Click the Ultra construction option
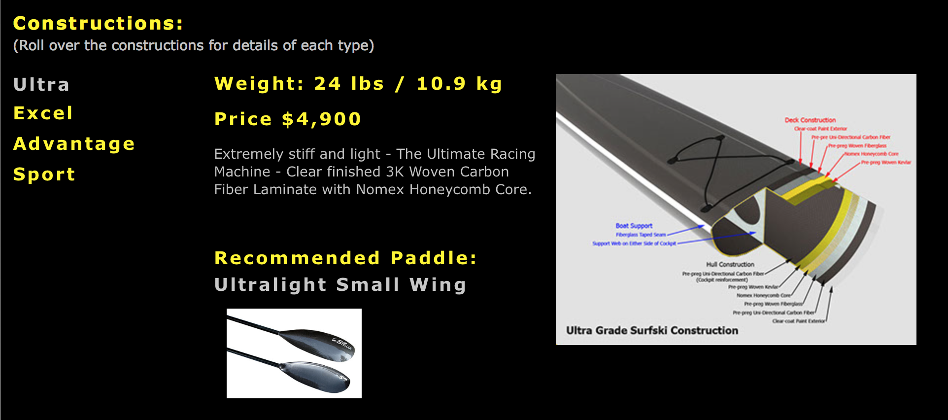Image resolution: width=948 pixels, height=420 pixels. [41, 85]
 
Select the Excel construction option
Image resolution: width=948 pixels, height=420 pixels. [43, 113]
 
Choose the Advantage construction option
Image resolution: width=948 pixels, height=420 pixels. [74, 144]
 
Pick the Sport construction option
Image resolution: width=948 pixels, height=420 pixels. [44, 175]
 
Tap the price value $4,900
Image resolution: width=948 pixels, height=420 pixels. [322, 119]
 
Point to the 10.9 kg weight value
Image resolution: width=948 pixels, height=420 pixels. [459, 84]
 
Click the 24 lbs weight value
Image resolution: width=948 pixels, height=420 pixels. [349, 84]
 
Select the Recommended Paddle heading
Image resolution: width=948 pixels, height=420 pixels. [345, 258]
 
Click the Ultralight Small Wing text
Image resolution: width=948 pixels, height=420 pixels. [340, 285]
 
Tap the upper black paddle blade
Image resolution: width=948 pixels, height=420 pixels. [318, 341]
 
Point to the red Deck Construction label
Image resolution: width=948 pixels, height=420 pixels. [810, 120]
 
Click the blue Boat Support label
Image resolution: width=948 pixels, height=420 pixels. [634, 226]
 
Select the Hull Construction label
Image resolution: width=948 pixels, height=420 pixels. [730, 265]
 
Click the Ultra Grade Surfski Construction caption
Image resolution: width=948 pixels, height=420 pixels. [652, 331]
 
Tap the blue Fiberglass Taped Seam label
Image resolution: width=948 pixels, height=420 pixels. [641, 235]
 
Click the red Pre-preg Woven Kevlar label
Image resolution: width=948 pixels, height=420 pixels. [886, 162]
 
